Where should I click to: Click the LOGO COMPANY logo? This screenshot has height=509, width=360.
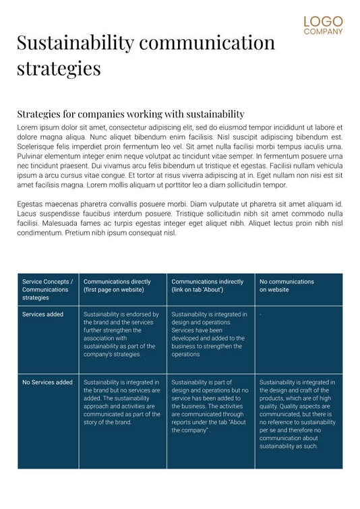click(323, 26)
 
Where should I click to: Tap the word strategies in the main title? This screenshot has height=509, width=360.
click(59, 68)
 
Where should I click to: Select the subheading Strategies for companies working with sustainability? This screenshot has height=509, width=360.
click(130, 114)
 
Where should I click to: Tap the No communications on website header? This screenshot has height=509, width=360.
click(287, 285)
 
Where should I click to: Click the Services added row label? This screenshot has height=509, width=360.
click(42, 314)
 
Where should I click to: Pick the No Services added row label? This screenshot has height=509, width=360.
click(47, 382)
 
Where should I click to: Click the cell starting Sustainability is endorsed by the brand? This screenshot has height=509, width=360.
click(121, 334)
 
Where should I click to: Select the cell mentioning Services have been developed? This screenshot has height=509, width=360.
click(209, 334)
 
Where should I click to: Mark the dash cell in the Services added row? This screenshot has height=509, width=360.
click(261, 315)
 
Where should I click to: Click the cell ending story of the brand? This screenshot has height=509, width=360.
click(121, 402)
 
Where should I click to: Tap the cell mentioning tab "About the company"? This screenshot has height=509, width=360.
click(209, 406)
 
